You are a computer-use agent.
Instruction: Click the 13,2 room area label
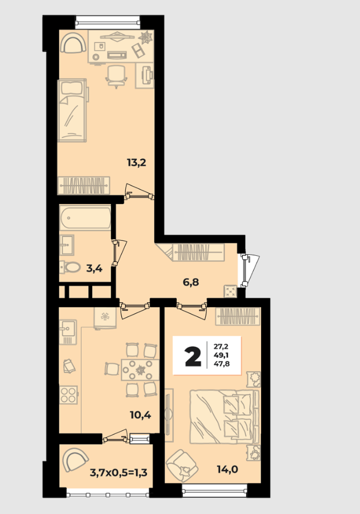click(x=136, y=162)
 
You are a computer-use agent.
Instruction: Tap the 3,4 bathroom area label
click(x=94, y=269)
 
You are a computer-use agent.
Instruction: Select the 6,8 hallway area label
click(x=191, y=282)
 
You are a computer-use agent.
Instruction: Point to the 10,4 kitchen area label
click(x=140, y=415)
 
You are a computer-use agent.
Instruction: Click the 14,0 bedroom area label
click(x=227, y=469)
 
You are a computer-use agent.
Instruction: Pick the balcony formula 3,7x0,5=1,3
click(x=119, y=473)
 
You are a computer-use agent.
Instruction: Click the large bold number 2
click(x=193, y=356)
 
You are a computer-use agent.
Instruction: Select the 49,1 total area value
click(x=221, y=355)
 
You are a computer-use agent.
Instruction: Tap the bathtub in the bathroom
click(x=85, y=217)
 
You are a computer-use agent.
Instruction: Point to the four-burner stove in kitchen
click(x=69, y=394)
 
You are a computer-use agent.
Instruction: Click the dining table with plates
click(x=140, y=370)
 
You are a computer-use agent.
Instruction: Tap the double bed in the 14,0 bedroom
click(x=225, y=416)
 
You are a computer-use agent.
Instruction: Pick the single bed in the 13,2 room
click(x=72, y=111)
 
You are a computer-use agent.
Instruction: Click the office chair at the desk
click(x=116, y=77)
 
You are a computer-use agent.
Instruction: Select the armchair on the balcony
click(x=75, y=460)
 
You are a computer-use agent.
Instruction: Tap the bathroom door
click(x=119, y=253)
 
